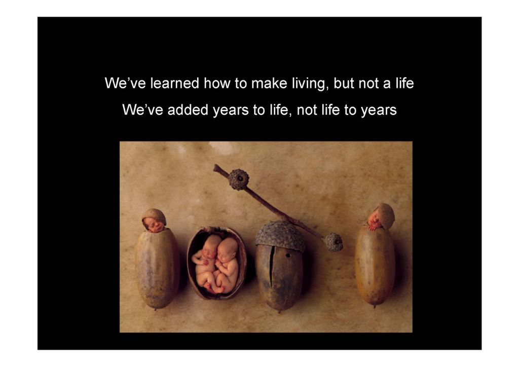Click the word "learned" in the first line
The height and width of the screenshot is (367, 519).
pyautogui.click(x=175, y=83)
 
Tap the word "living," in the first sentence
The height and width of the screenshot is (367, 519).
pyautogui.click(x=311, y=84)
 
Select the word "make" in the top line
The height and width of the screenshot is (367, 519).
pyautogui.click(x=269, y=83)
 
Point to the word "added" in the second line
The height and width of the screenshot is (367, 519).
pyautogui.click(x=188, y=109)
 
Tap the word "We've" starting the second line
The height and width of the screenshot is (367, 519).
pyautogui.click(x=142, y=109)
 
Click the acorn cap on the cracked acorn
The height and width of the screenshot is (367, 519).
pyautogui.click(x=280, y=235)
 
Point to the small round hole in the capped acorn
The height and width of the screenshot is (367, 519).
pyautogui.click(x=288, y=255)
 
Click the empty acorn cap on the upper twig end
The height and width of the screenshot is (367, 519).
pyautogui.click(x=239, y=179)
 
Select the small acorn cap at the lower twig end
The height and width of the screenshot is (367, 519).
pyautogui.click(x=333, y=242)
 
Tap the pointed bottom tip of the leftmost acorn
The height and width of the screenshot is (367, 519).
pyautogui.click(x=156, y=308)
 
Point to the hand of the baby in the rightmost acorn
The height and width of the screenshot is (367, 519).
pyautogui.click(x=373, y=227)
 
